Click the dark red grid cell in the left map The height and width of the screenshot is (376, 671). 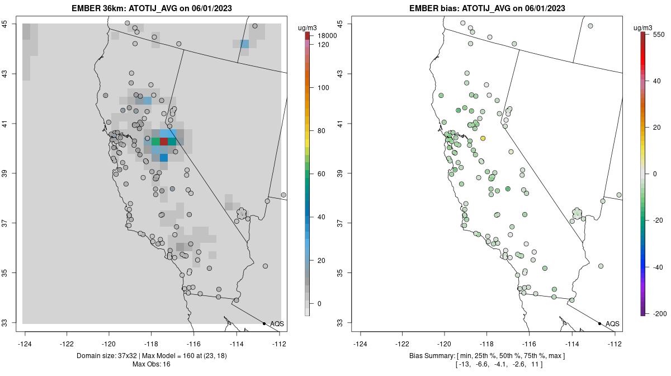point(163,142)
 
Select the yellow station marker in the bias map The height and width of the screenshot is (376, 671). point(483,138)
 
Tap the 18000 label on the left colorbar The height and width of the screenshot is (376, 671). point(327,36)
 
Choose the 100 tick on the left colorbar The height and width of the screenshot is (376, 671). point(323,88)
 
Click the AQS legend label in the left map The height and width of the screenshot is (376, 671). point(277,324)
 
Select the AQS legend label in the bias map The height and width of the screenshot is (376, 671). point(612,324)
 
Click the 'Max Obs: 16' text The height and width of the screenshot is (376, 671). point(152,364)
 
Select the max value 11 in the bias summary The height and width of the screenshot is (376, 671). point(537,364)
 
